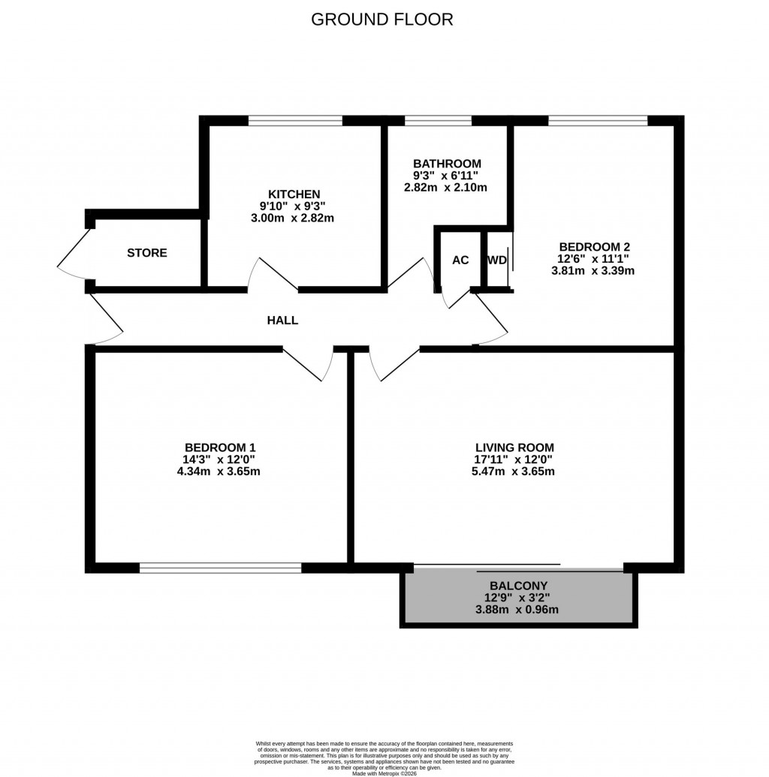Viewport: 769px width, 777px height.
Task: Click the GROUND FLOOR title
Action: (382, 20)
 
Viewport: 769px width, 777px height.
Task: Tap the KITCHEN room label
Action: (294, 194)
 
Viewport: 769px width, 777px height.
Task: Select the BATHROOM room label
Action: (447, 164)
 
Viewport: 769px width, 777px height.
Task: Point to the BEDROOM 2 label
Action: (594, 246)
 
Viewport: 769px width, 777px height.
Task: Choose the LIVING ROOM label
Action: (514, 447)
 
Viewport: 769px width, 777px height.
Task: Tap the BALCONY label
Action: (518, 586)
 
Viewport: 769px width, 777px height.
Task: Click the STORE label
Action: (147, 253)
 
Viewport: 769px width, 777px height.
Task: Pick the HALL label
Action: (283, 321)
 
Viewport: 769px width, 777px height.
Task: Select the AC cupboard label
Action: (460, 261)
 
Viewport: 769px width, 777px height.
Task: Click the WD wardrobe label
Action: (497, 261)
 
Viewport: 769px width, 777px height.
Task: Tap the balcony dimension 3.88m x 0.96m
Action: (518, 610)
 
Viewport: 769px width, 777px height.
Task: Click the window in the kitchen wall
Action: (295, 120)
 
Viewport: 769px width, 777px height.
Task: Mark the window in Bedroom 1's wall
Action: (220, 568)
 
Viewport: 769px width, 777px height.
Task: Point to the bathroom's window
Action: (438, 120)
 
